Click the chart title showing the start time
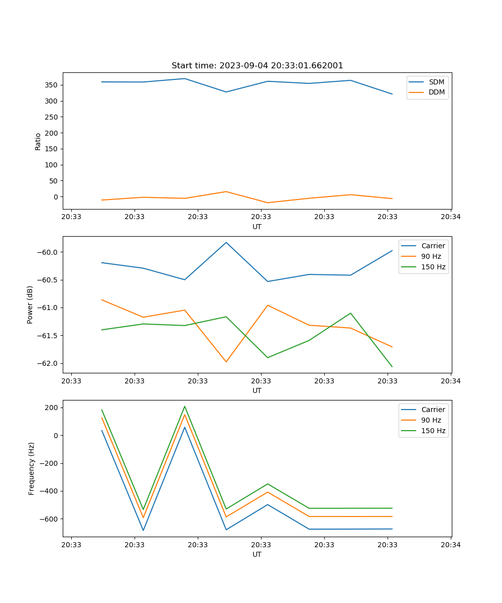click(x=257, y=66)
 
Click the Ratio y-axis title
click(x=38, y=141)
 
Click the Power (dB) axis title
click(x=30, y=305)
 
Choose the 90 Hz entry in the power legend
click(x=431, y=256)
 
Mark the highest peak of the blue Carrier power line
click(x=226, y=243)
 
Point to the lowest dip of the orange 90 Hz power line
click(x=226, y=362)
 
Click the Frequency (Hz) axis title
click(x=32, y=468)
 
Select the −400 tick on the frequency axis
click(x=48, y=491)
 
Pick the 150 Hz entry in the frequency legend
click(x=433, y=431)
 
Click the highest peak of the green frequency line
click(x=185, y=407)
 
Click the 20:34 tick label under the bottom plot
click(x=451, y=544)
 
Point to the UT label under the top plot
click(x=257, y=227)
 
